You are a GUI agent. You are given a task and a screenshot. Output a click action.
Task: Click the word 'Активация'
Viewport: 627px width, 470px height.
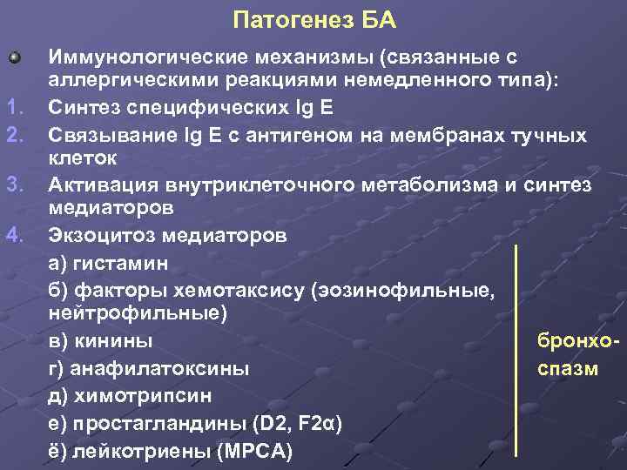point(96,185)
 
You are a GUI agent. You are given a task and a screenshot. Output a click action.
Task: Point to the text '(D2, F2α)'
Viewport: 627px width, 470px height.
point(297,423)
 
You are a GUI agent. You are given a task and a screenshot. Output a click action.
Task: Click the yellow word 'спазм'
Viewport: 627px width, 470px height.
point(568,368)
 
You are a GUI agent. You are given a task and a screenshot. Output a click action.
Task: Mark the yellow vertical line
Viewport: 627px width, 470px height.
point(516,348)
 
